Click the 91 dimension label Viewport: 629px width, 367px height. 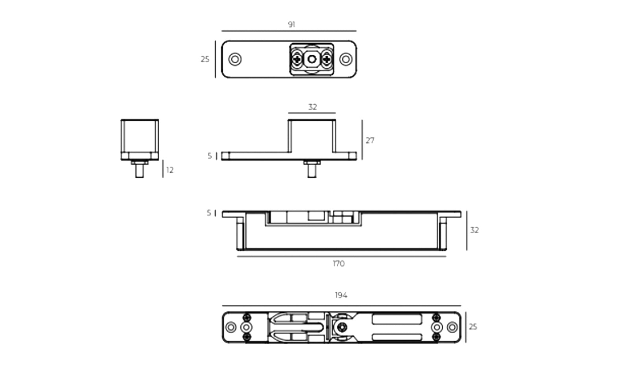(291, 24)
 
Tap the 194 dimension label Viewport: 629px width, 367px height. (341, 295)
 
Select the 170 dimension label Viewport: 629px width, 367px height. (338, 264)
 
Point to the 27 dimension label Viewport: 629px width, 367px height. (370, 140)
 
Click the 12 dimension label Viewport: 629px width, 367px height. (170, 170)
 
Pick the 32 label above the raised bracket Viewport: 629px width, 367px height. (312, 107)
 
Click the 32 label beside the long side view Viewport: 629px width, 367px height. (474, 230)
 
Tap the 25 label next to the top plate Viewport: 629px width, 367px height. (205, 59)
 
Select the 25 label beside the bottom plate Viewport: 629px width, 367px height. (473, 326)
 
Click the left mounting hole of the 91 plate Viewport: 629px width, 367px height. (235, 59)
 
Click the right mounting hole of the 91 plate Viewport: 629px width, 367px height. (346, 59)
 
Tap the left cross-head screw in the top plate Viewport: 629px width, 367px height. (297, 59)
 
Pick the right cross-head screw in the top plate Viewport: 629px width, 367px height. (327, 59)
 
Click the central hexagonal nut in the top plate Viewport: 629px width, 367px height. (312, 59)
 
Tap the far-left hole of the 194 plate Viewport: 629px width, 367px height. (231, 327)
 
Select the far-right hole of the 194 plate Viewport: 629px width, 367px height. (452, 327)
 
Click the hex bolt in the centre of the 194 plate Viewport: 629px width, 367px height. (342, 327)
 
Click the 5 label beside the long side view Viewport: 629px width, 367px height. (209, 213)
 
